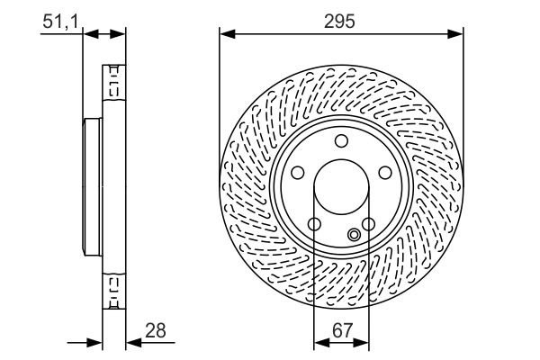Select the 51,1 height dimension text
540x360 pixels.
(58, 22)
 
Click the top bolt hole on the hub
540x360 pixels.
(340, 140)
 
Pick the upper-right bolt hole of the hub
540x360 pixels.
(384, 173)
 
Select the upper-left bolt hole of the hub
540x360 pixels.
(297, 173)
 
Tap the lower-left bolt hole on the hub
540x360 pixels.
(313, 224)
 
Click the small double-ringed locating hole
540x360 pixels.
(354, 236)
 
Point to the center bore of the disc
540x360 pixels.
(340, 187)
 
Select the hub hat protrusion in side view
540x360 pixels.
(91, 187)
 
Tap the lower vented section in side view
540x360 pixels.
(113, 291)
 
